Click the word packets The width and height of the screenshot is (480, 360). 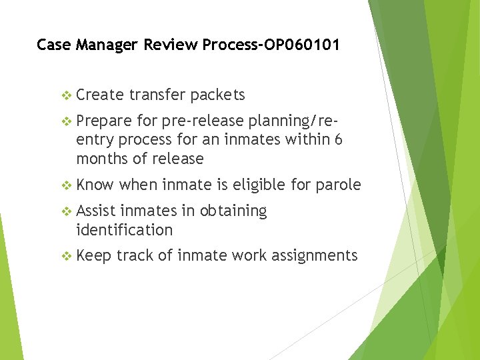(x=217, y=95)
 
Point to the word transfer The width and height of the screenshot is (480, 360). (x=157, y=95)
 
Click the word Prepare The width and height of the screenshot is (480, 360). (x=103, y=121)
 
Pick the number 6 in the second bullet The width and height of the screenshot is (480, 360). (x=339, y=140)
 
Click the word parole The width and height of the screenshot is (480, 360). (x=339, y=185)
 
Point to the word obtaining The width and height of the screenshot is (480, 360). (x=231, y=211)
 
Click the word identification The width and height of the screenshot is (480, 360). (x=125, y=230)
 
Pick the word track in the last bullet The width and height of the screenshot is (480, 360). (x=135, y=255)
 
